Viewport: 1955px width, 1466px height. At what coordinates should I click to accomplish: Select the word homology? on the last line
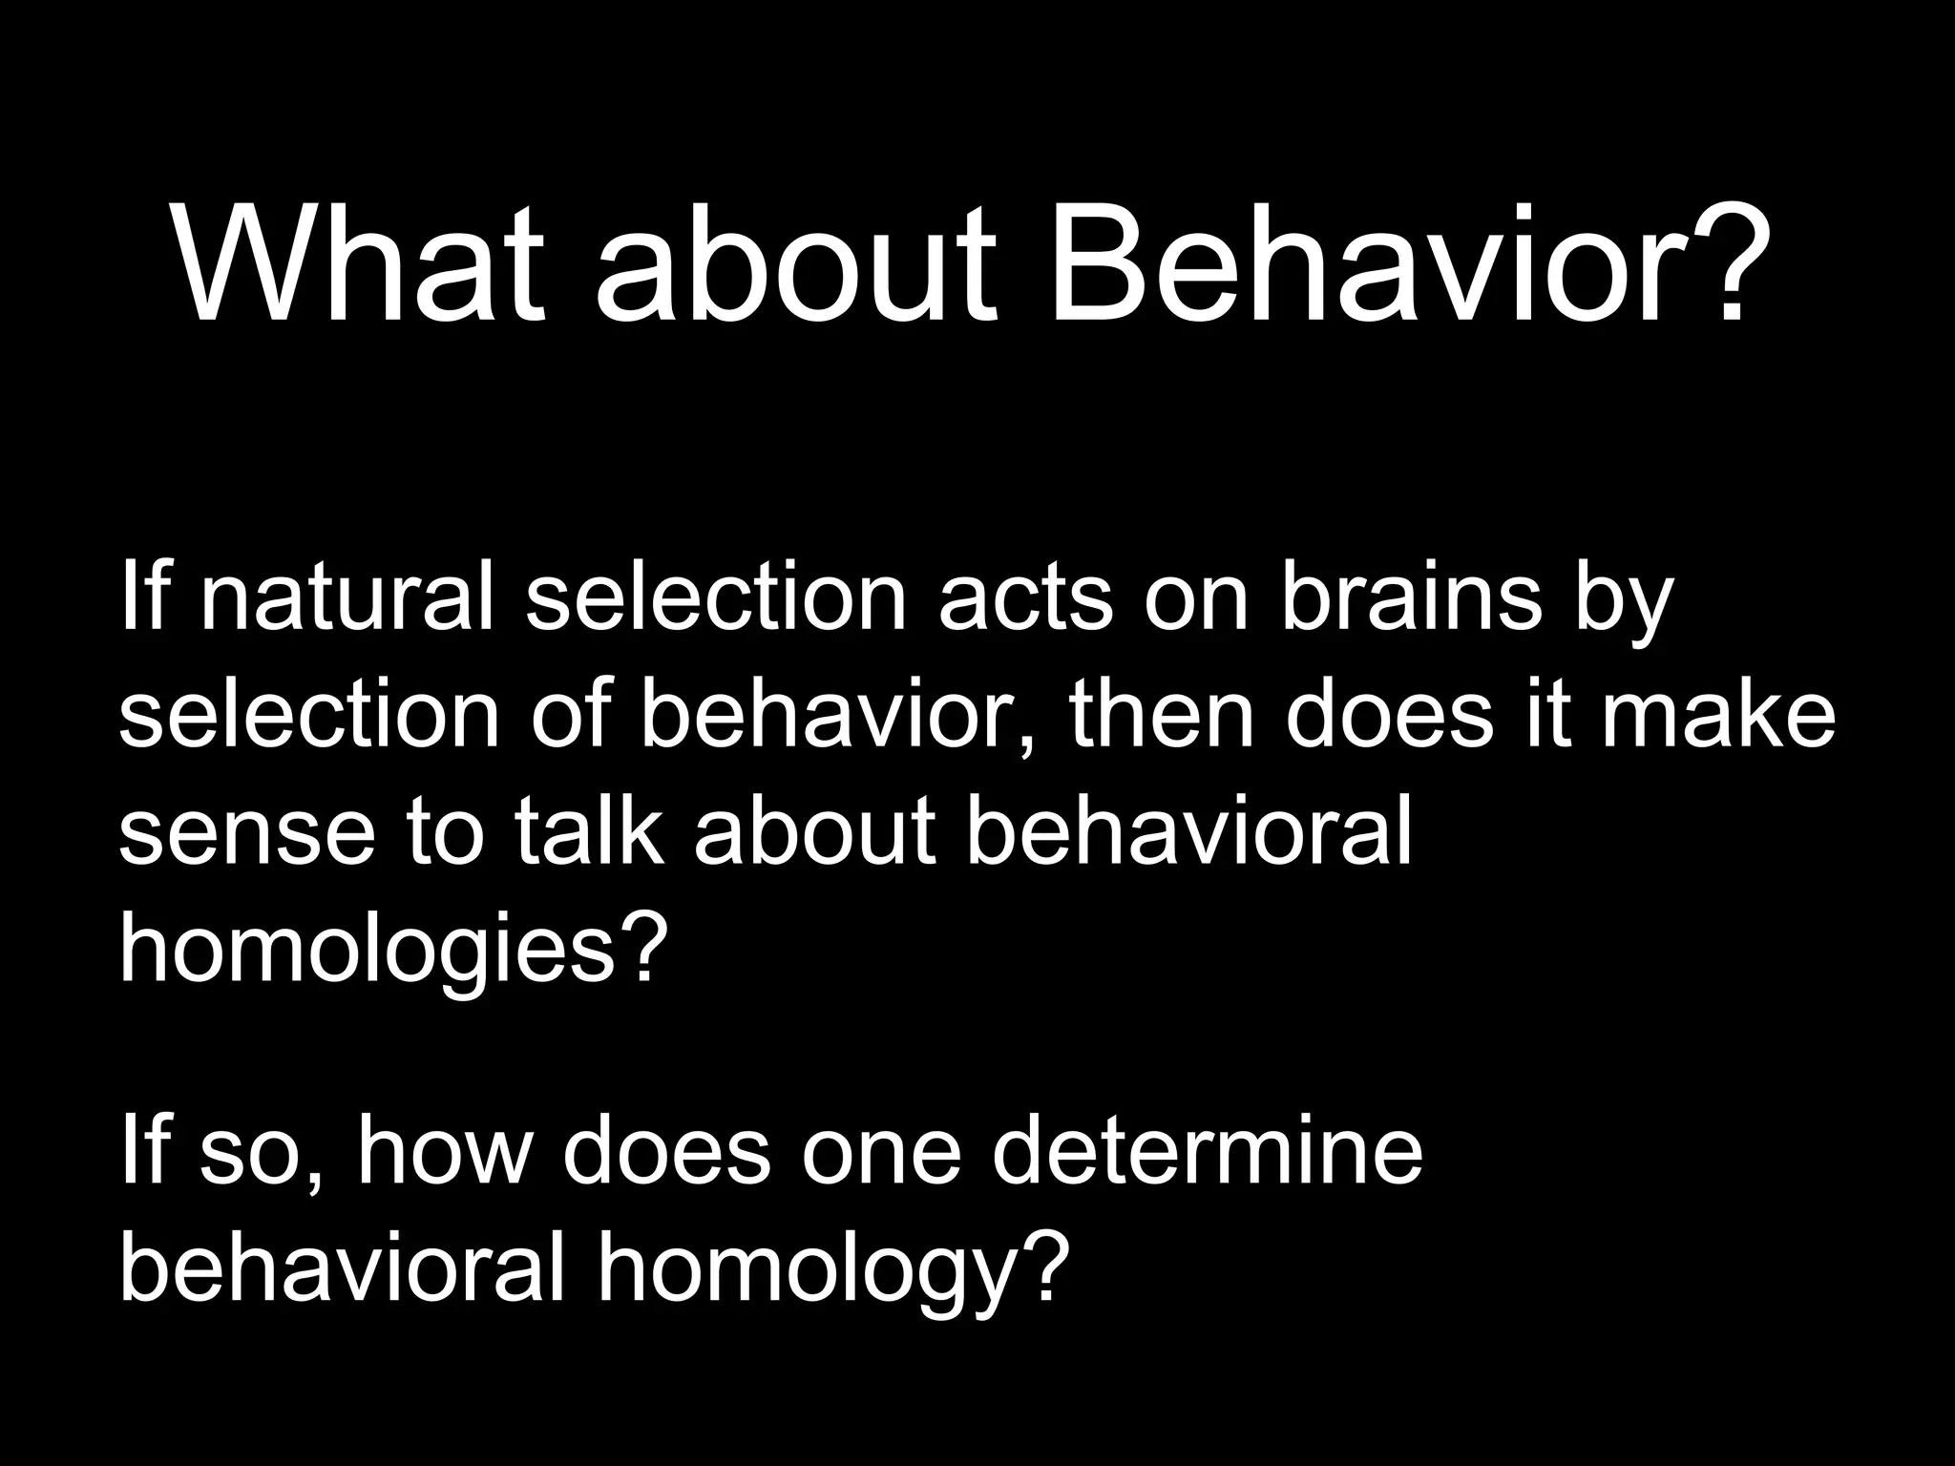coord(829,1271)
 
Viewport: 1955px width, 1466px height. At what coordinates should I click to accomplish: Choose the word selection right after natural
coord(715,600)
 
